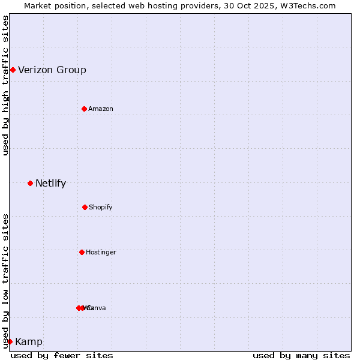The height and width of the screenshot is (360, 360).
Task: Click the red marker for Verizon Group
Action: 13,70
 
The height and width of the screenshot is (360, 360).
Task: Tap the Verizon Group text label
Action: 52,70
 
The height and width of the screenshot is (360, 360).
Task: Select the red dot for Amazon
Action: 84,109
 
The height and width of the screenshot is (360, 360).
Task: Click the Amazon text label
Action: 101,109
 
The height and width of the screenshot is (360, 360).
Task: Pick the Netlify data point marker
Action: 30,183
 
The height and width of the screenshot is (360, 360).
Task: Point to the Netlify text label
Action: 50,184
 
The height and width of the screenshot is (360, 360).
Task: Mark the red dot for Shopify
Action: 85,207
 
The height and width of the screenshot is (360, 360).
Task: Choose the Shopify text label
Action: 101,207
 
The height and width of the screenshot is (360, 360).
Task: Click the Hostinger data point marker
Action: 82,252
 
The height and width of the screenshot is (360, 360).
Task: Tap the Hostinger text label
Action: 101,252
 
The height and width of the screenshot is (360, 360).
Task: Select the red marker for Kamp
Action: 10,341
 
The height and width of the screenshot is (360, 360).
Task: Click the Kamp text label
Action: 29,342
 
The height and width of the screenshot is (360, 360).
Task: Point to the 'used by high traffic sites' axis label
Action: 5,85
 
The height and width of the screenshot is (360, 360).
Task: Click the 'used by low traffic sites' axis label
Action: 5,280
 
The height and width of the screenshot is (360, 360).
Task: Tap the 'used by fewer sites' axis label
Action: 62,355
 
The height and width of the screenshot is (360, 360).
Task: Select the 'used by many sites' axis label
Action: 301,355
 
